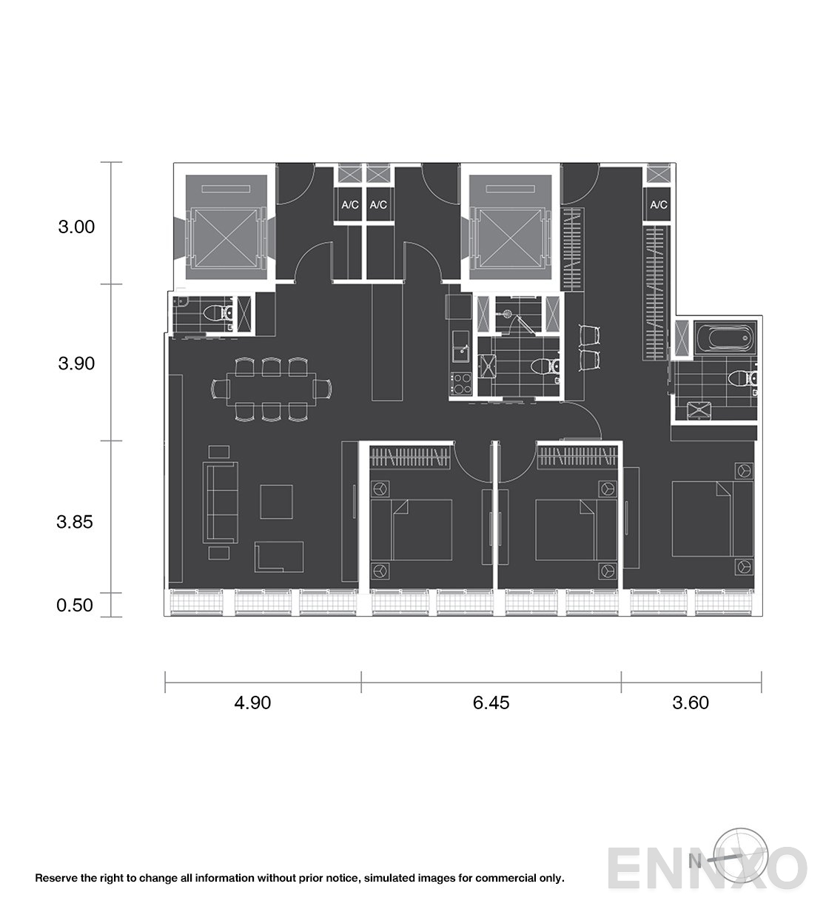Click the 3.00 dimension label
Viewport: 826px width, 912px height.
[76, 227]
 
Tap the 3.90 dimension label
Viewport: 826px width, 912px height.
[76, 363]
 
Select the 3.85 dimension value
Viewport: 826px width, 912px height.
[75, 521]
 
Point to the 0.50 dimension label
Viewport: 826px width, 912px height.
[75, 605]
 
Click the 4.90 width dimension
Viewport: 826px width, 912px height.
[252, 703]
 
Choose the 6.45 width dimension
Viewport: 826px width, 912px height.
[491, 703]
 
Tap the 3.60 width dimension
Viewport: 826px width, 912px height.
[691, 703]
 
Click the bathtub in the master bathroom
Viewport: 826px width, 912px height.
[725, 338]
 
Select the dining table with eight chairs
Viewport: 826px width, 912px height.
[272, 389]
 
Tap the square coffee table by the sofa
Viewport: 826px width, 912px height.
[276, 501]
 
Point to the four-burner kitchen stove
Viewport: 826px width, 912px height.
[461, 384]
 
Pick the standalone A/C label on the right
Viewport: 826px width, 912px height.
[658, 204]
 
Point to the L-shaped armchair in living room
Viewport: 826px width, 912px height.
[279, 557]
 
